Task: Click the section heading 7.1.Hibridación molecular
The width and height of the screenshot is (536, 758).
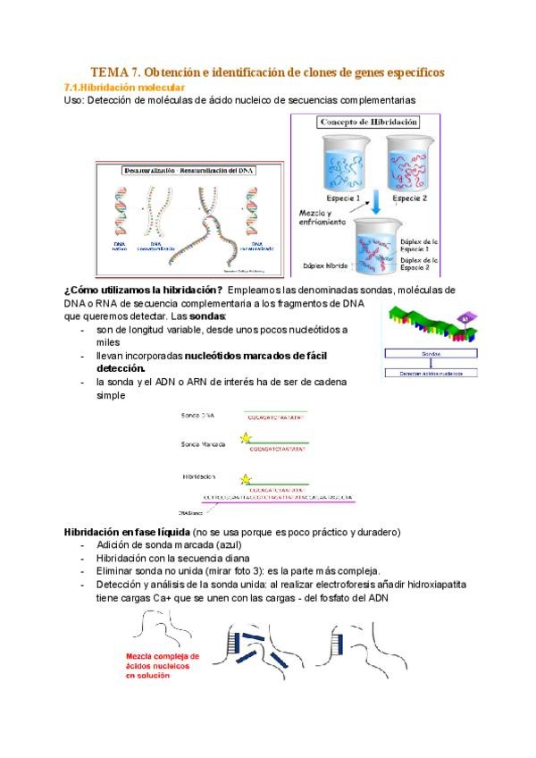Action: click(124, 88)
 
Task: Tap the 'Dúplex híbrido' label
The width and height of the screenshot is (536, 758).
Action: click(324, 265)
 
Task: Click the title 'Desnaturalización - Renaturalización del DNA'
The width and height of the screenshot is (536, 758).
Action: click(189, 170)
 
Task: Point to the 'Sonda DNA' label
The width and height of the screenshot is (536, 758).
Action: click(197, 416)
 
